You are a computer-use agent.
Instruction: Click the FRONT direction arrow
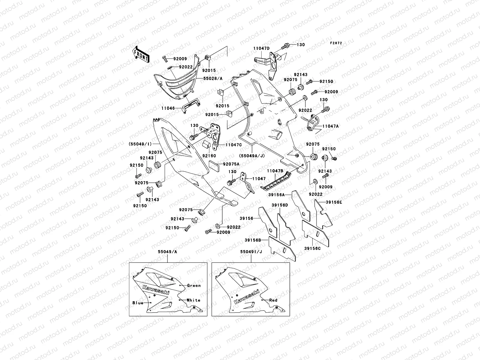click(x=141, y=54)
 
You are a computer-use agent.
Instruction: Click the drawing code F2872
click(x=336, y=43)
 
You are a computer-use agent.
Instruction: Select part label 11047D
click(x=262, y=48)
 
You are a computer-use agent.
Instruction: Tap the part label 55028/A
click(x=213, y=78)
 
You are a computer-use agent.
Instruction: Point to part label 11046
click(x=168, y=108)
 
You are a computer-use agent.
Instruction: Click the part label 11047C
click(x=234, y=145)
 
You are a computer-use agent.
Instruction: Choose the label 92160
click(x=209, y=156)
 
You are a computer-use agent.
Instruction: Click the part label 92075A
click(x=231, y=164)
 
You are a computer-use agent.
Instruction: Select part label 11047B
click(x=275, y=171)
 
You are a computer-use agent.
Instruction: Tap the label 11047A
click(x=330, y=126)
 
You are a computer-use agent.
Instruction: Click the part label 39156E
click(x=334, y=202)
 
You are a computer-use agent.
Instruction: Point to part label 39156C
click(x=313, y=248)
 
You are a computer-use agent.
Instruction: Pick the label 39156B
click(x=253, y=240)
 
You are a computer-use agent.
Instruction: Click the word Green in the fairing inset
click(x=194, y=286)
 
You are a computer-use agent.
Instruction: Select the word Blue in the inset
click(x=138, y=303)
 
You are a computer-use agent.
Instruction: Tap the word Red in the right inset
click(x=273, y=300)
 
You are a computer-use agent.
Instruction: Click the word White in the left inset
click(x=193, y=300)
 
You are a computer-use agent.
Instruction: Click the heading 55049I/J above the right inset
click(x=251, y=252)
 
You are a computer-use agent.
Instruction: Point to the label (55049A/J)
click(x=252, y=156)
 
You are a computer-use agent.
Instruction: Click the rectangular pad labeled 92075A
click(x=214, y=166)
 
